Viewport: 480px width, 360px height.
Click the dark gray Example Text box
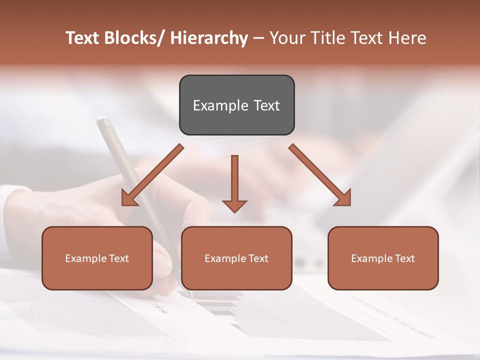click(x=236, y=105)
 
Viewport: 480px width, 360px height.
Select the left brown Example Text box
click(x=97, y=258)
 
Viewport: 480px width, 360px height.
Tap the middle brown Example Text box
click(x=236, y=258)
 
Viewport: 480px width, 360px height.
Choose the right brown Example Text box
click(x=383, y=258)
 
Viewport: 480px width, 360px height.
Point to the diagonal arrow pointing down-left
click(x=152, y=175)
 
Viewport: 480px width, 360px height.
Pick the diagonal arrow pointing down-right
click(x=320, y=175)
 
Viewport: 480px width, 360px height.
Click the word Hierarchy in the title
click(x=209, y=38)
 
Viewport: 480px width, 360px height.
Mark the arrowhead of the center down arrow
click(x=234, y=205)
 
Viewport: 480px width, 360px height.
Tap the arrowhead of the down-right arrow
click(x=343, y=198)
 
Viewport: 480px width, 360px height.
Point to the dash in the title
click(x=258, y=38)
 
